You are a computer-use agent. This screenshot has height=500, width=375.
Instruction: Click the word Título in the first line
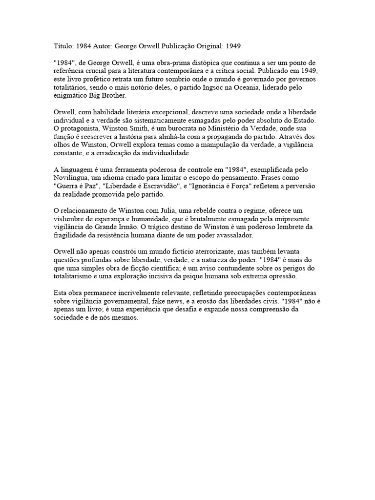pos(62,45)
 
